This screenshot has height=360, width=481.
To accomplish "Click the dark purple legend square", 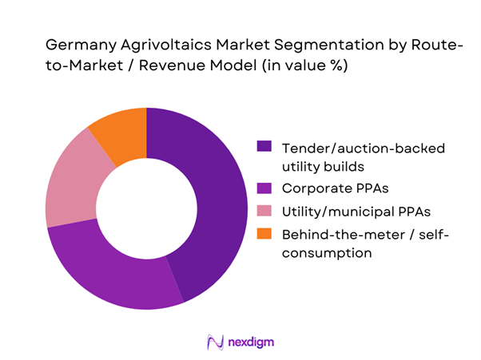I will point(263,147).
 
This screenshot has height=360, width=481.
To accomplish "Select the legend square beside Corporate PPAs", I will point(263,188).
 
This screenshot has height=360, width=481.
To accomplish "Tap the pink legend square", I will point(263,211).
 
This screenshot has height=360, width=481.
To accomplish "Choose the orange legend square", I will point(263,233).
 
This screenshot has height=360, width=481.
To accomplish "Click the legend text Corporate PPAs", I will point(328,189).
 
